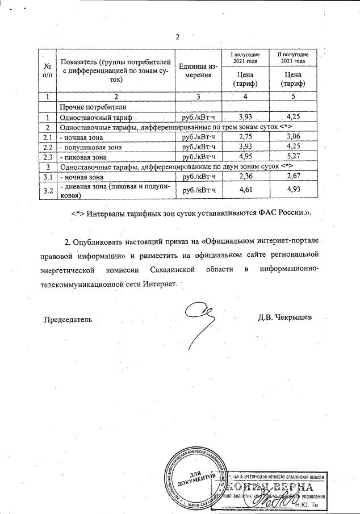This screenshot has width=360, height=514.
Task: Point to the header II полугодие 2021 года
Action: [x=293, y=57]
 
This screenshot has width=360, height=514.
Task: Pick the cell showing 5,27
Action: [x=293, y=157]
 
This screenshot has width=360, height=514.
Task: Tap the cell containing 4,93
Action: [x=293, y=190]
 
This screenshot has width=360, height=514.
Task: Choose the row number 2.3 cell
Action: [x=48, y=157]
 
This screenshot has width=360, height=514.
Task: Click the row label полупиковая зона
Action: [x=91, y=147]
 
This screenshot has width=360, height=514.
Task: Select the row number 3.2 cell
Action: [x=48, y=190]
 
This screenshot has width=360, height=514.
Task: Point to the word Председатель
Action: [x=68, y=320]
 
